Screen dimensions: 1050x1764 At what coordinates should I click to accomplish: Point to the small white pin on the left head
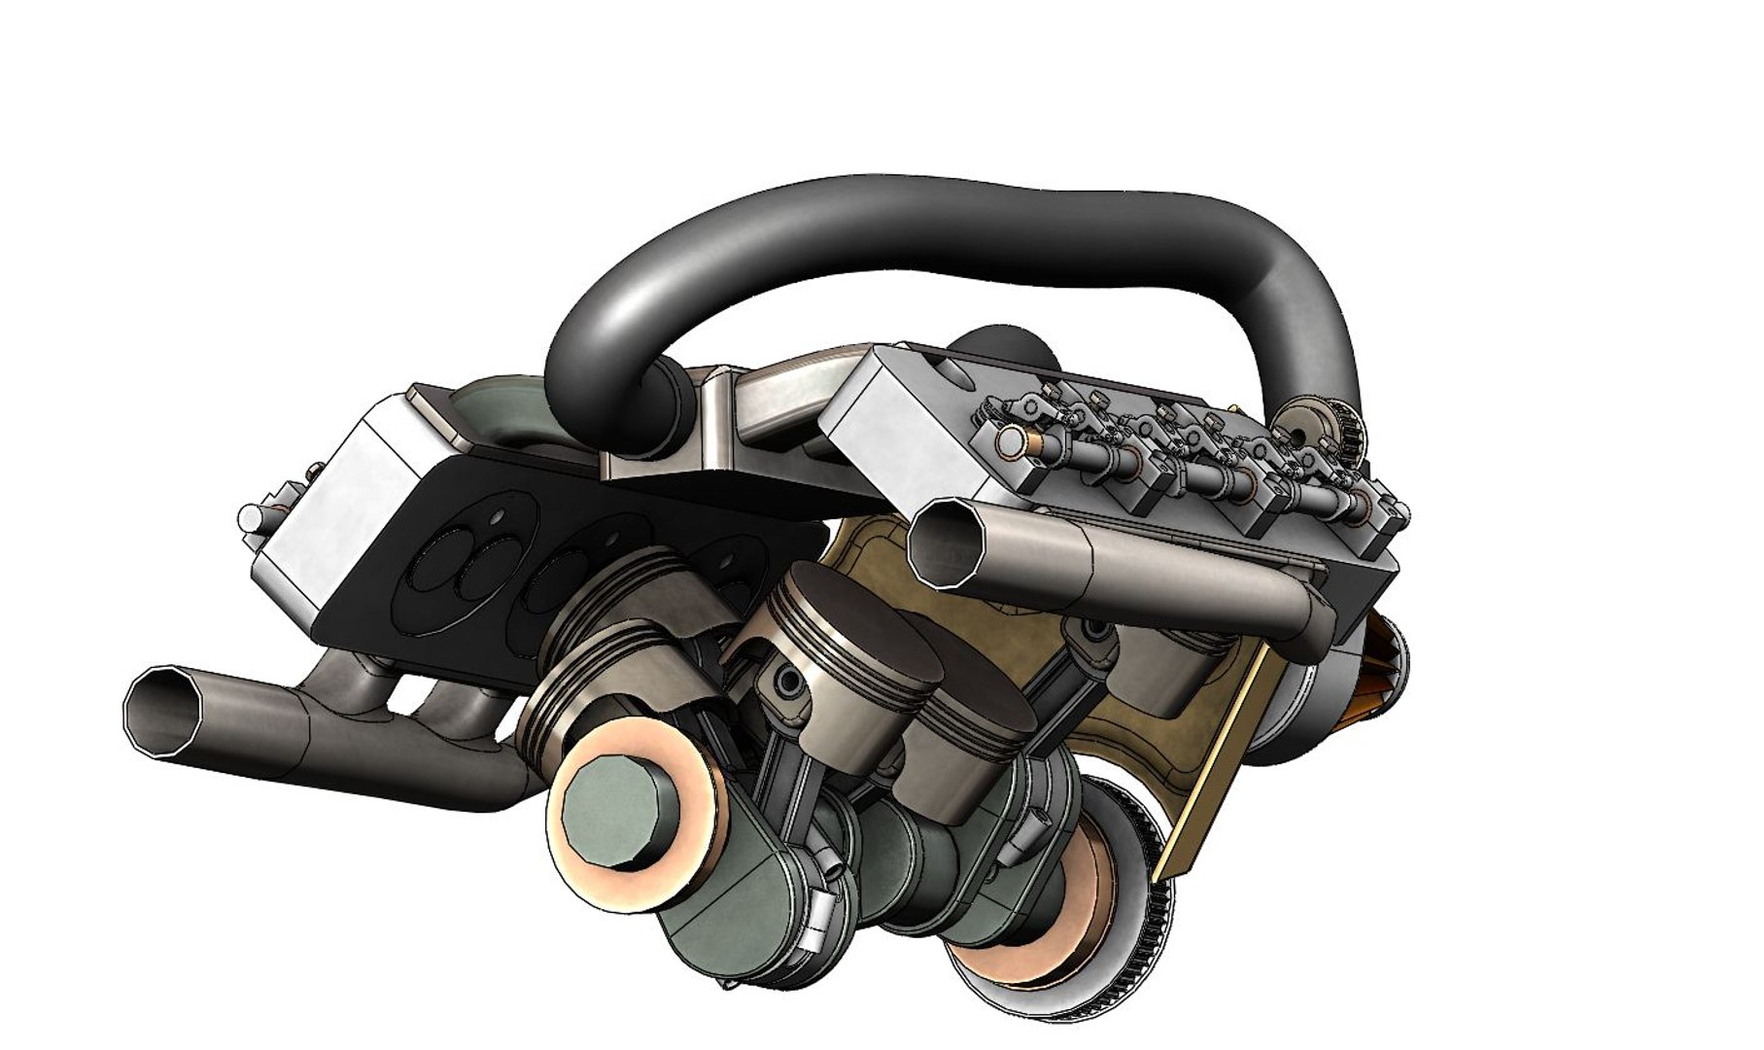(x=251, y=513)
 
